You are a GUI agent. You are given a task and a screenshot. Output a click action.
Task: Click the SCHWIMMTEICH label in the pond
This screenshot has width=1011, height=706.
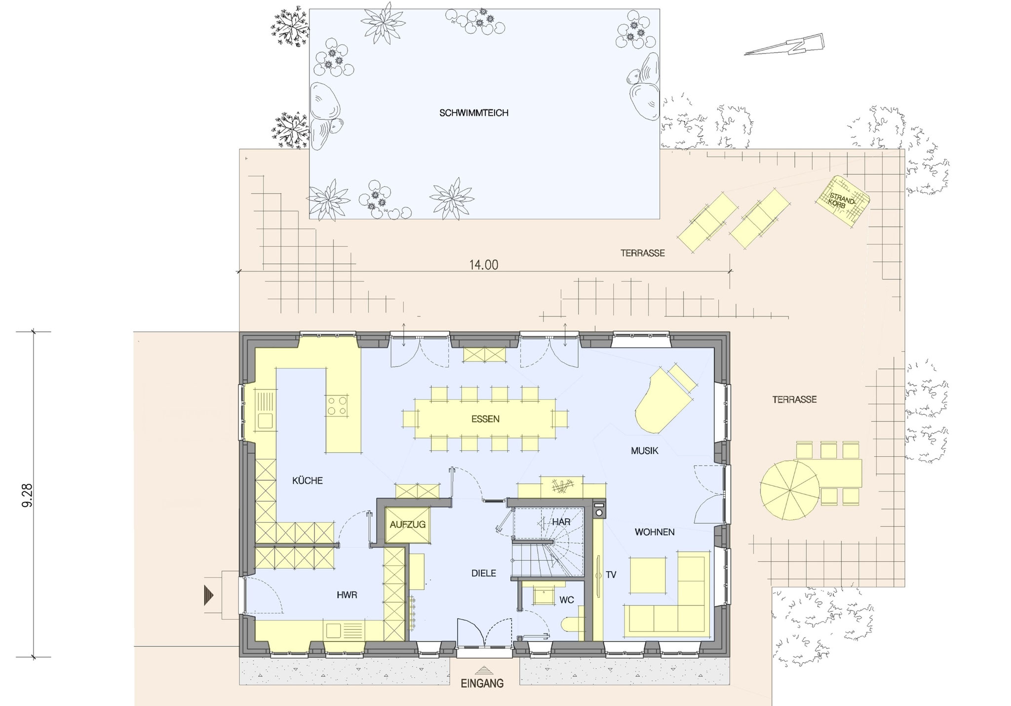[473, 113]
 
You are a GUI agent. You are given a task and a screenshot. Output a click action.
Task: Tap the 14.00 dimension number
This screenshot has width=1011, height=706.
[483, 265]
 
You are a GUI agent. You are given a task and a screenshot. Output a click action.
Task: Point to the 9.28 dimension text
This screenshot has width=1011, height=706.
[28, 494]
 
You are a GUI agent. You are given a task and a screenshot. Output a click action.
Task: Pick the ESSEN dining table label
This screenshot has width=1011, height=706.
[485, 419]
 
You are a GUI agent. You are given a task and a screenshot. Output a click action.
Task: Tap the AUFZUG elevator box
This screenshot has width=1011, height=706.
[407, 525]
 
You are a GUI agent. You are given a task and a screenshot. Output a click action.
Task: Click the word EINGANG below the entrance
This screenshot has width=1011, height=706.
[482, 684]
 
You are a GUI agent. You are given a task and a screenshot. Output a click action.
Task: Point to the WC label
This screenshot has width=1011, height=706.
[566, 600]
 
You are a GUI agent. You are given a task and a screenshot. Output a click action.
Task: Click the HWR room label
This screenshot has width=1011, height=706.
[347, 595]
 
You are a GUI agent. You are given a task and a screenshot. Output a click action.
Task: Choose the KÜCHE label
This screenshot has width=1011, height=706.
[308, 480]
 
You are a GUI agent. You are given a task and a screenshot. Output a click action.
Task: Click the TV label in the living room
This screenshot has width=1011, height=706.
[611, 575]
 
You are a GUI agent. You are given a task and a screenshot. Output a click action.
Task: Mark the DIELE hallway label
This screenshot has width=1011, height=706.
[483, 573]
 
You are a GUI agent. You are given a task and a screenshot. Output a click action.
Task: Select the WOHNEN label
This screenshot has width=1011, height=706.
[655, 532]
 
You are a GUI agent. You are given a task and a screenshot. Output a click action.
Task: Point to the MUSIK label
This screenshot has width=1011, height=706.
[645, 451]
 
